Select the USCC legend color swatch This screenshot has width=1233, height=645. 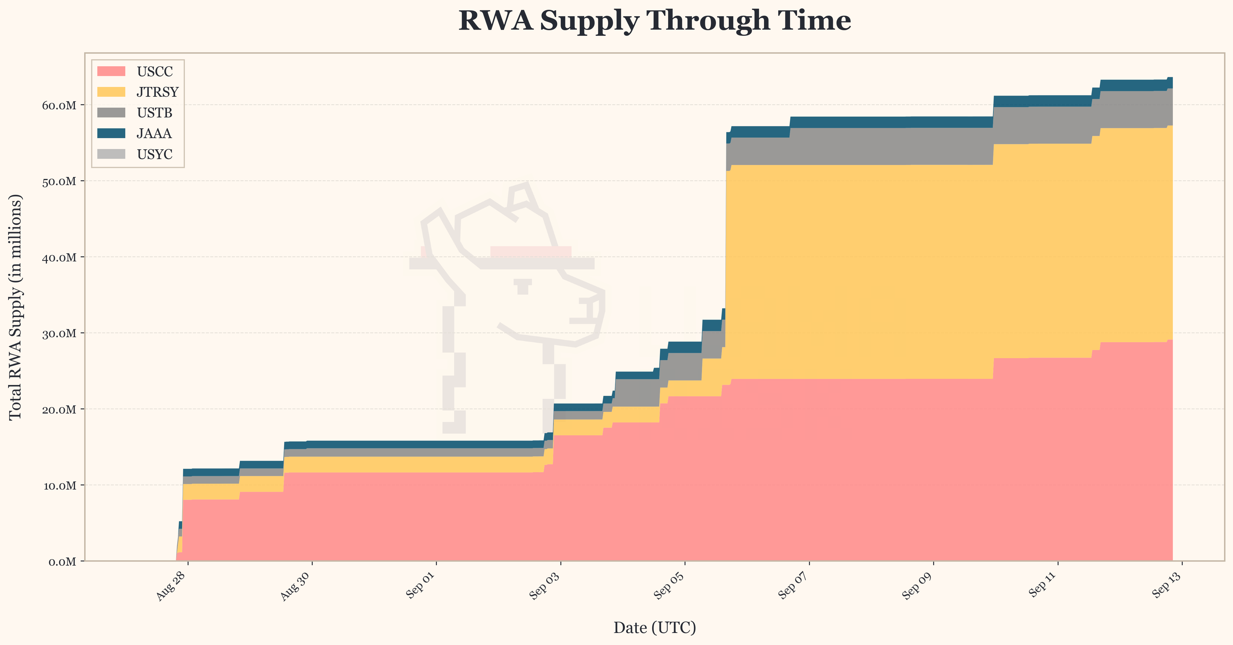[111, 71]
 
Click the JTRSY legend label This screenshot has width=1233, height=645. [157, 92]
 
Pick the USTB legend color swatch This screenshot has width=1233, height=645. [111, 112]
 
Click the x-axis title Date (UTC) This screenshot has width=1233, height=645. [654, 628]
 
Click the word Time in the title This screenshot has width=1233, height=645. [814, 21]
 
